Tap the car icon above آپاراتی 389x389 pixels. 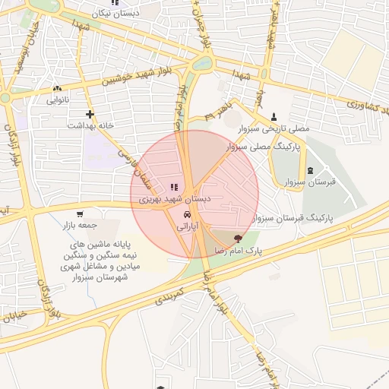pyautogui.click(x=187, y=215)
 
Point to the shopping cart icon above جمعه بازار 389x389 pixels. pyautogui.click(x=81, y=214)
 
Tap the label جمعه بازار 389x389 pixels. pyautogui.click(x=81, y=226)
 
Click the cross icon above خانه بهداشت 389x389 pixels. pyautogui.click(x=90, y=115)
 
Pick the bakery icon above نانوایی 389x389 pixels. pyautogui.click(x=58, y=89)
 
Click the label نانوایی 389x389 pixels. pyautogui.click(x=58, y=100)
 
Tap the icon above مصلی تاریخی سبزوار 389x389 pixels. pyautogui.click(x=274, y=116)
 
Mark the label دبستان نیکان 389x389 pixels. pyautogui.click(x=115, y=14)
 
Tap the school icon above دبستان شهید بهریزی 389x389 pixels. pyautogui.click(x=174, y=187)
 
